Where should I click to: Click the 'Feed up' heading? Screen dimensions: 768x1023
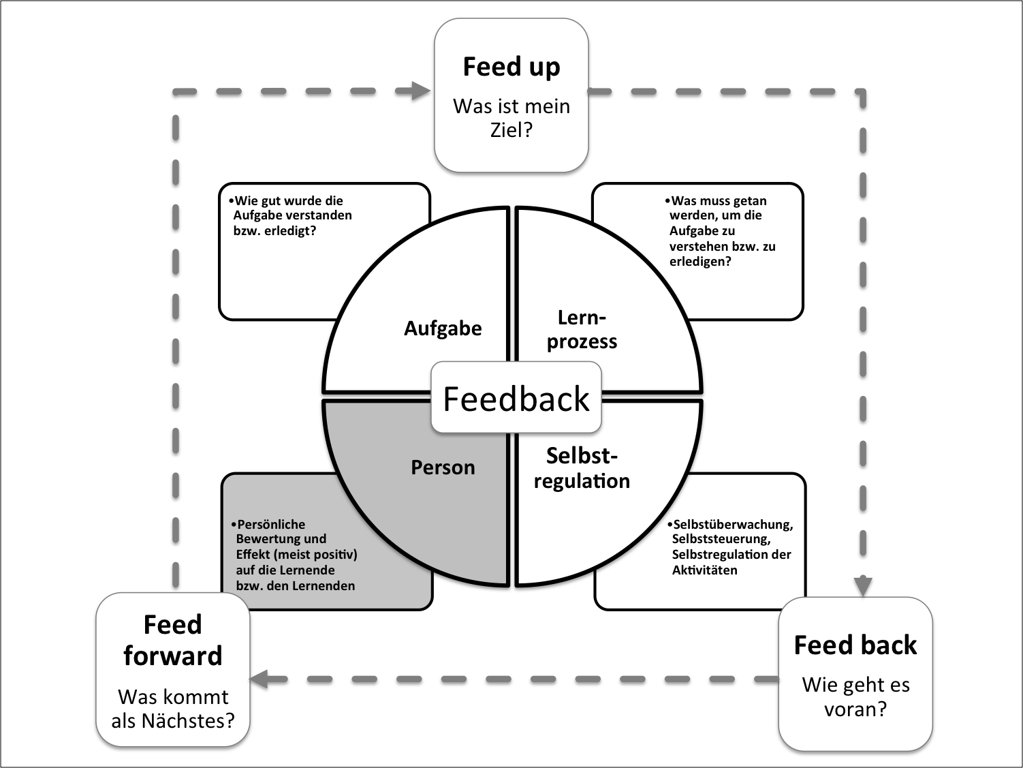coord(511,67)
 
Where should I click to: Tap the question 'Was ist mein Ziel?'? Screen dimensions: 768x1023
coord(511,117)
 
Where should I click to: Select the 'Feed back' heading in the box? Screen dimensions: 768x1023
coord(855,645)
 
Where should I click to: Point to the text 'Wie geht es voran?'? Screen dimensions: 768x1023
coord(855,696)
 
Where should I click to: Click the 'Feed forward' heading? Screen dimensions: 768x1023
coord(173,640)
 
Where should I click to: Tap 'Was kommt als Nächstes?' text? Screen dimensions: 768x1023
coord(173,708)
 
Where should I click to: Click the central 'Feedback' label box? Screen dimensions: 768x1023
coord(516,399)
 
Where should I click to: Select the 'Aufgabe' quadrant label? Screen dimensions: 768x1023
coord(443,328)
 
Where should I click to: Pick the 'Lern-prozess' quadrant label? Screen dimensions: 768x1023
coord(582,329)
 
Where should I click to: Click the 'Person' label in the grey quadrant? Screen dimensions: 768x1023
coord(443,467)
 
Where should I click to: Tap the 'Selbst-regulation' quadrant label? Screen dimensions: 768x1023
coord(582,468)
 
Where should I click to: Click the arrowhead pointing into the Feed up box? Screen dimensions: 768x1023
coord(422,90)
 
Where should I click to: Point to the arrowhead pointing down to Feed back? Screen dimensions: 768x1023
coord(863,585)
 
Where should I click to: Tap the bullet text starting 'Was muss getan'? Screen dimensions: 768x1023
coord(721,231)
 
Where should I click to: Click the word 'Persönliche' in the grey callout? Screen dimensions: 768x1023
coord(271,524)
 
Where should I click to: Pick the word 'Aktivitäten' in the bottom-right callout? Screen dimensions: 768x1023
coord(704,570)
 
